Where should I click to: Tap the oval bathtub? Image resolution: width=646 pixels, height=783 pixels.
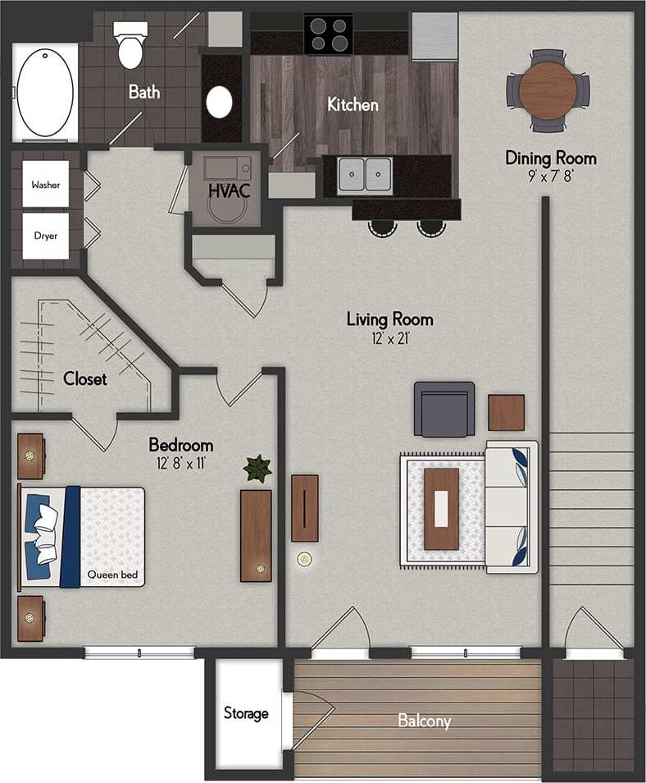46,92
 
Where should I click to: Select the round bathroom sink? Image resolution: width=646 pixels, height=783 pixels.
220,103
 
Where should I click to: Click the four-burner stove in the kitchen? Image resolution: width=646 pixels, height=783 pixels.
329,34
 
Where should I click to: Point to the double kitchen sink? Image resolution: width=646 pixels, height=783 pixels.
365,173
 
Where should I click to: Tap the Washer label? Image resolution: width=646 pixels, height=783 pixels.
46,185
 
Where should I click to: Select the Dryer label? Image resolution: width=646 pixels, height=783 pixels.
46,236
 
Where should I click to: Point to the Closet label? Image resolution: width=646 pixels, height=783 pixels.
85,379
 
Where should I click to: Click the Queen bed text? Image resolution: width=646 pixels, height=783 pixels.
113,575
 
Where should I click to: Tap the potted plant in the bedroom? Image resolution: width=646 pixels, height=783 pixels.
257,469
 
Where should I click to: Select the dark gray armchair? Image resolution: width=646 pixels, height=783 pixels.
444,409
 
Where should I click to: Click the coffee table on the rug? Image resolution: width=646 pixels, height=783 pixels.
441,509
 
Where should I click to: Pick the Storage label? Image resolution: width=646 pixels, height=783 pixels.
246,713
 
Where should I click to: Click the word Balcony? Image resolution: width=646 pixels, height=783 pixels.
424,721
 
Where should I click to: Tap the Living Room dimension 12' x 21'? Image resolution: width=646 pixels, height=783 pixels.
389,338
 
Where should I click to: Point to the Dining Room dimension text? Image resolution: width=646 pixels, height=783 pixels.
550,175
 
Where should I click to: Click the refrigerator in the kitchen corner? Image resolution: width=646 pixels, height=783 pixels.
434,36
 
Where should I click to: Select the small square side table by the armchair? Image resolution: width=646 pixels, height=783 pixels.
506,413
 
